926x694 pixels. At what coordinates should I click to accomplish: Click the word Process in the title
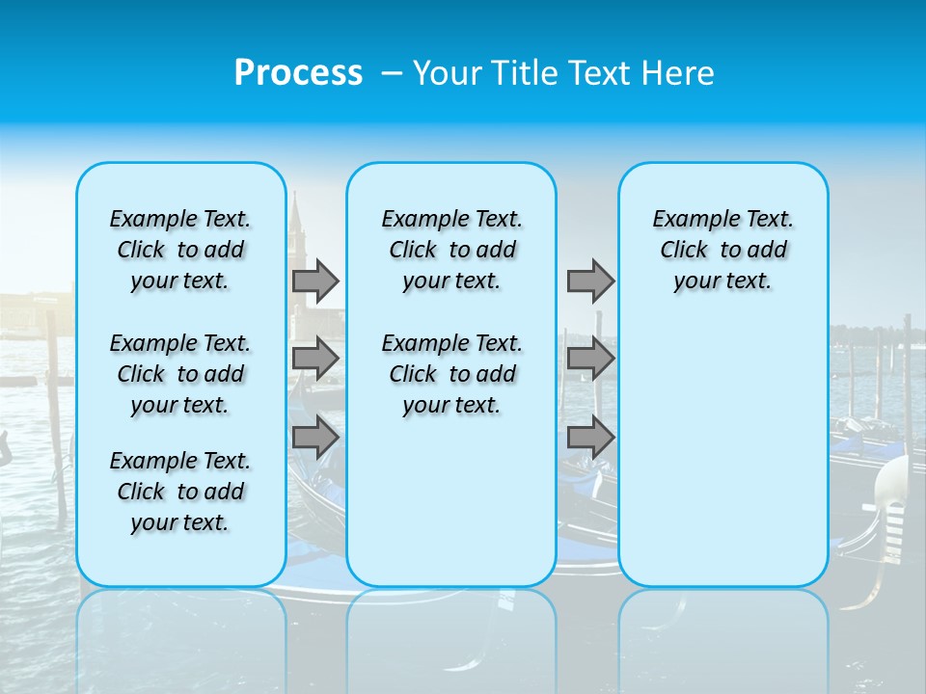point(298,72)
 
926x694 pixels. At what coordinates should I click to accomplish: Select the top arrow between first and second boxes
point(315,280)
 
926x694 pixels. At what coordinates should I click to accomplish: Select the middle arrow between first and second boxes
point(315,359)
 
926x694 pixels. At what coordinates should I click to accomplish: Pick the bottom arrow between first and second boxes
point(315,438)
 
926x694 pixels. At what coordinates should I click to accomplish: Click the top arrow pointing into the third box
point(590,280)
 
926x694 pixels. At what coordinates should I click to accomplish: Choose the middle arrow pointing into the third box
point(590,359)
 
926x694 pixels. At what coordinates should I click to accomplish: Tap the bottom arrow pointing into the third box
point(590,438)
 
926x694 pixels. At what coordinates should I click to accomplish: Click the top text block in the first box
point(180,250)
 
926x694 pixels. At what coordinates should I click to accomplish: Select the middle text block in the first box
point(180,374)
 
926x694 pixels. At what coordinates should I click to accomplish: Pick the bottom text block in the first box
point(180,492)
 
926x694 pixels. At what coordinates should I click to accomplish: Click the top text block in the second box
point(451,250)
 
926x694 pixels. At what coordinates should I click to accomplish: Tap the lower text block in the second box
point(451,374)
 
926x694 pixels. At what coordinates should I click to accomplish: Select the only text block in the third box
point(722,250)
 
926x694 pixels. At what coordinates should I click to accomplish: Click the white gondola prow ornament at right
point(891,482)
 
